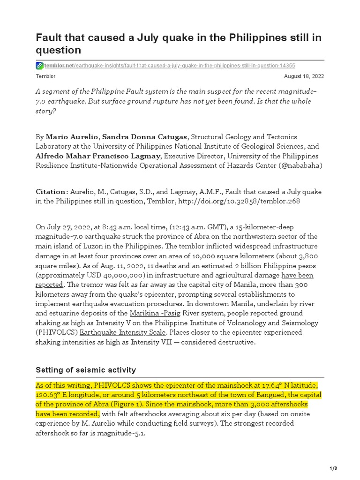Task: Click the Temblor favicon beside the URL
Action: [39, 66]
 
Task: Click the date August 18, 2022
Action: [304, 76]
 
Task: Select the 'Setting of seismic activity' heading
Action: [86, 370]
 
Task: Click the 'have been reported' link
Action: [297, 275]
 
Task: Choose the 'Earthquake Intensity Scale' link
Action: [122, 332]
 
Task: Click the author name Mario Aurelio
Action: [73, 137]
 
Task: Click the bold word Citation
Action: [51, 192]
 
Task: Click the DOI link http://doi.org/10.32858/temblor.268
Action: [240, 201]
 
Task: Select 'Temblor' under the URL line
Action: [45, 76]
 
